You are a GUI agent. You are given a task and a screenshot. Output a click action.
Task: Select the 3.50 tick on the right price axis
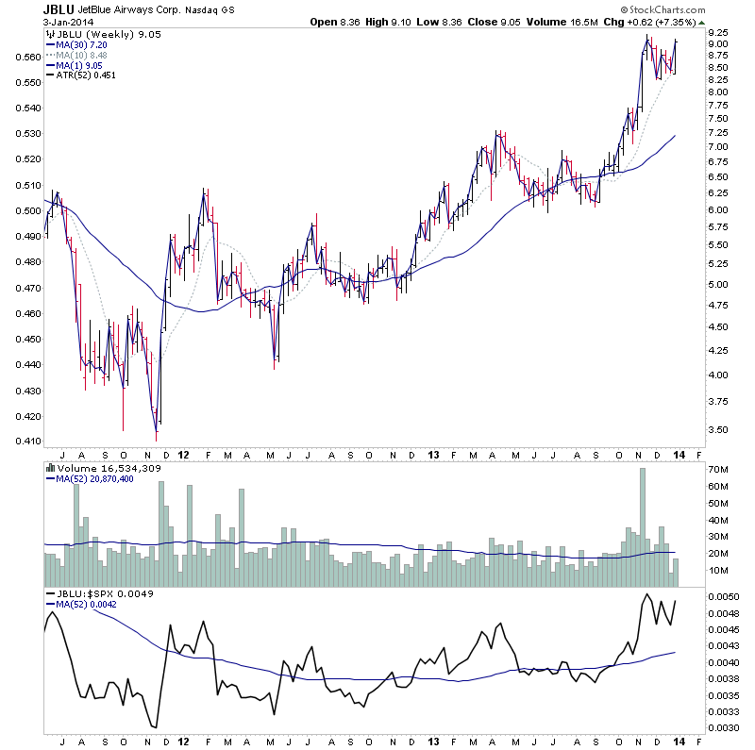click(x=717, y=429)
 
